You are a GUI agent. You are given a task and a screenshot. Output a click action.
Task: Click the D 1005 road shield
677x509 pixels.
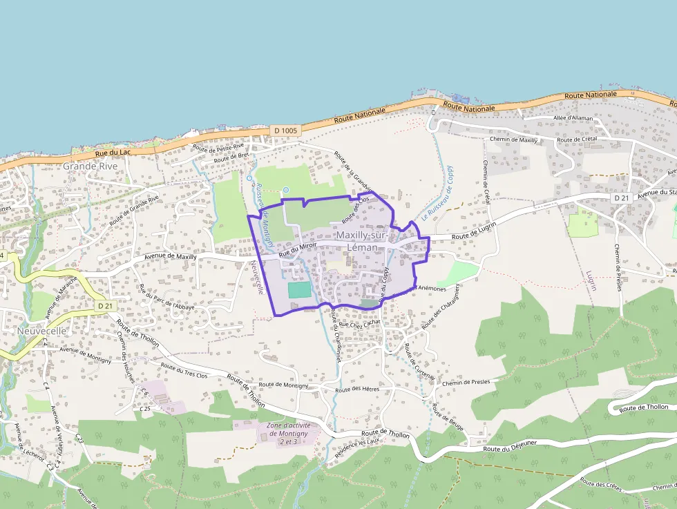pos(285,130)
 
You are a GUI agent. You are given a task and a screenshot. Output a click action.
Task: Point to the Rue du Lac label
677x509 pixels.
pos(113,153)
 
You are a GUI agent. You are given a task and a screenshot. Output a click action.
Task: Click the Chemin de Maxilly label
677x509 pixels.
pos(513,140)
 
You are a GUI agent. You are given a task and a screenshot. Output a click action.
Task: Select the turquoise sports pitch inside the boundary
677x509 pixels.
pos(299,290)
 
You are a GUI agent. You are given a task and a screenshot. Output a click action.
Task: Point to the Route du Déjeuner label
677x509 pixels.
pos(511,450)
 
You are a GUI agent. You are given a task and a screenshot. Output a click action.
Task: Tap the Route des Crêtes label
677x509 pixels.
pos(601,484)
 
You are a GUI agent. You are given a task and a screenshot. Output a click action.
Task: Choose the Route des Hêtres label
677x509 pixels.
pos(357,390)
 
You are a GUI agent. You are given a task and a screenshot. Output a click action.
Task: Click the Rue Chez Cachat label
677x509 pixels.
pos(360,323)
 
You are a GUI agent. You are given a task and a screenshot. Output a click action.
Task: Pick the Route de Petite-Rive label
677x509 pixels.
pos(218,147)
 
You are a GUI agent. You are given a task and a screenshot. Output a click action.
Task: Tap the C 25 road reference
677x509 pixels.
pos(145,408)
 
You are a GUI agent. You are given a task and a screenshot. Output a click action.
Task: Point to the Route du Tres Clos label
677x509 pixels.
pos(184,371)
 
